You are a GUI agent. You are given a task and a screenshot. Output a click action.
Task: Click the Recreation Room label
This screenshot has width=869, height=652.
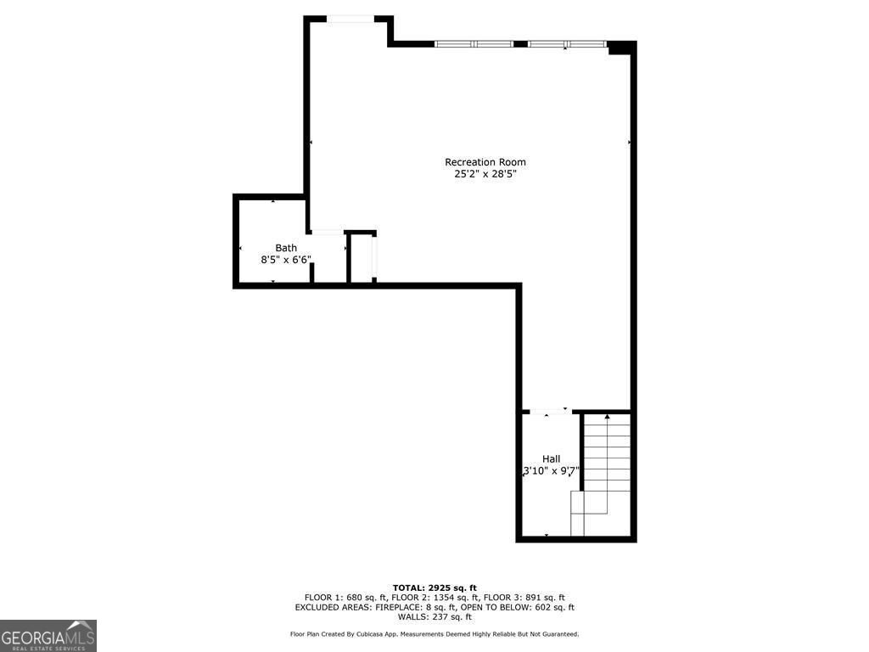click(x=485, y=162)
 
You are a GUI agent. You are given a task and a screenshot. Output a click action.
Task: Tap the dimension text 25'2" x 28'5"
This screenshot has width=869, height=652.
click(x=485, y=174)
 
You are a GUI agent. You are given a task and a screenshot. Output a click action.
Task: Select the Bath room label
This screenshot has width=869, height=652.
click(x=286, y=248)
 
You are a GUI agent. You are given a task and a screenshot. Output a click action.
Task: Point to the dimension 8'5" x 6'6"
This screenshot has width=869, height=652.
click(x=286, y=260)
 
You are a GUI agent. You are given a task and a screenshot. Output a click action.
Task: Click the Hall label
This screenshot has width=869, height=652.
click(x=551, y=459)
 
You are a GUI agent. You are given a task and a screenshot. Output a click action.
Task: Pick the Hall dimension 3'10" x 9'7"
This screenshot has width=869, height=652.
click(x=551, y=471)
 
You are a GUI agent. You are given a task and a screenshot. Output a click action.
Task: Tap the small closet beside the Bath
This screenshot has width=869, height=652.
click(x=362, y=256)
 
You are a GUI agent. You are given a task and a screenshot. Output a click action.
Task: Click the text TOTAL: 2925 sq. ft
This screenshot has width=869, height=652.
click(x=434, y=587)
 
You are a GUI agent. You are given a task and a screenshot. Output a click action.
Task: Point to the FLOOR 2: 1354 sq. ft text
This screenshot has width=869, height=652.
click(x=434, y=598)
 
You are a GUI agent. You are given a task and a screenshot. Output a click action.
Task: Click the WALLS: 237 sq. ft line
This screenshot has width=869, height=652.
click(x=434, y=617)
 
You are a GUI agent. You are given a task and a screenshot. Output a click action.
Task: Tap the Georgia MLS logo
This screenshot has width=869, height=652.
click(x=48, y=636)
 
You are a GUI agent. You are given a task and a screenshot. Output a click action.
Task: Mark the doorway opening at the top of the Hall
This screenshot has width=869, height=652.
click(x=550, y=412)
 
